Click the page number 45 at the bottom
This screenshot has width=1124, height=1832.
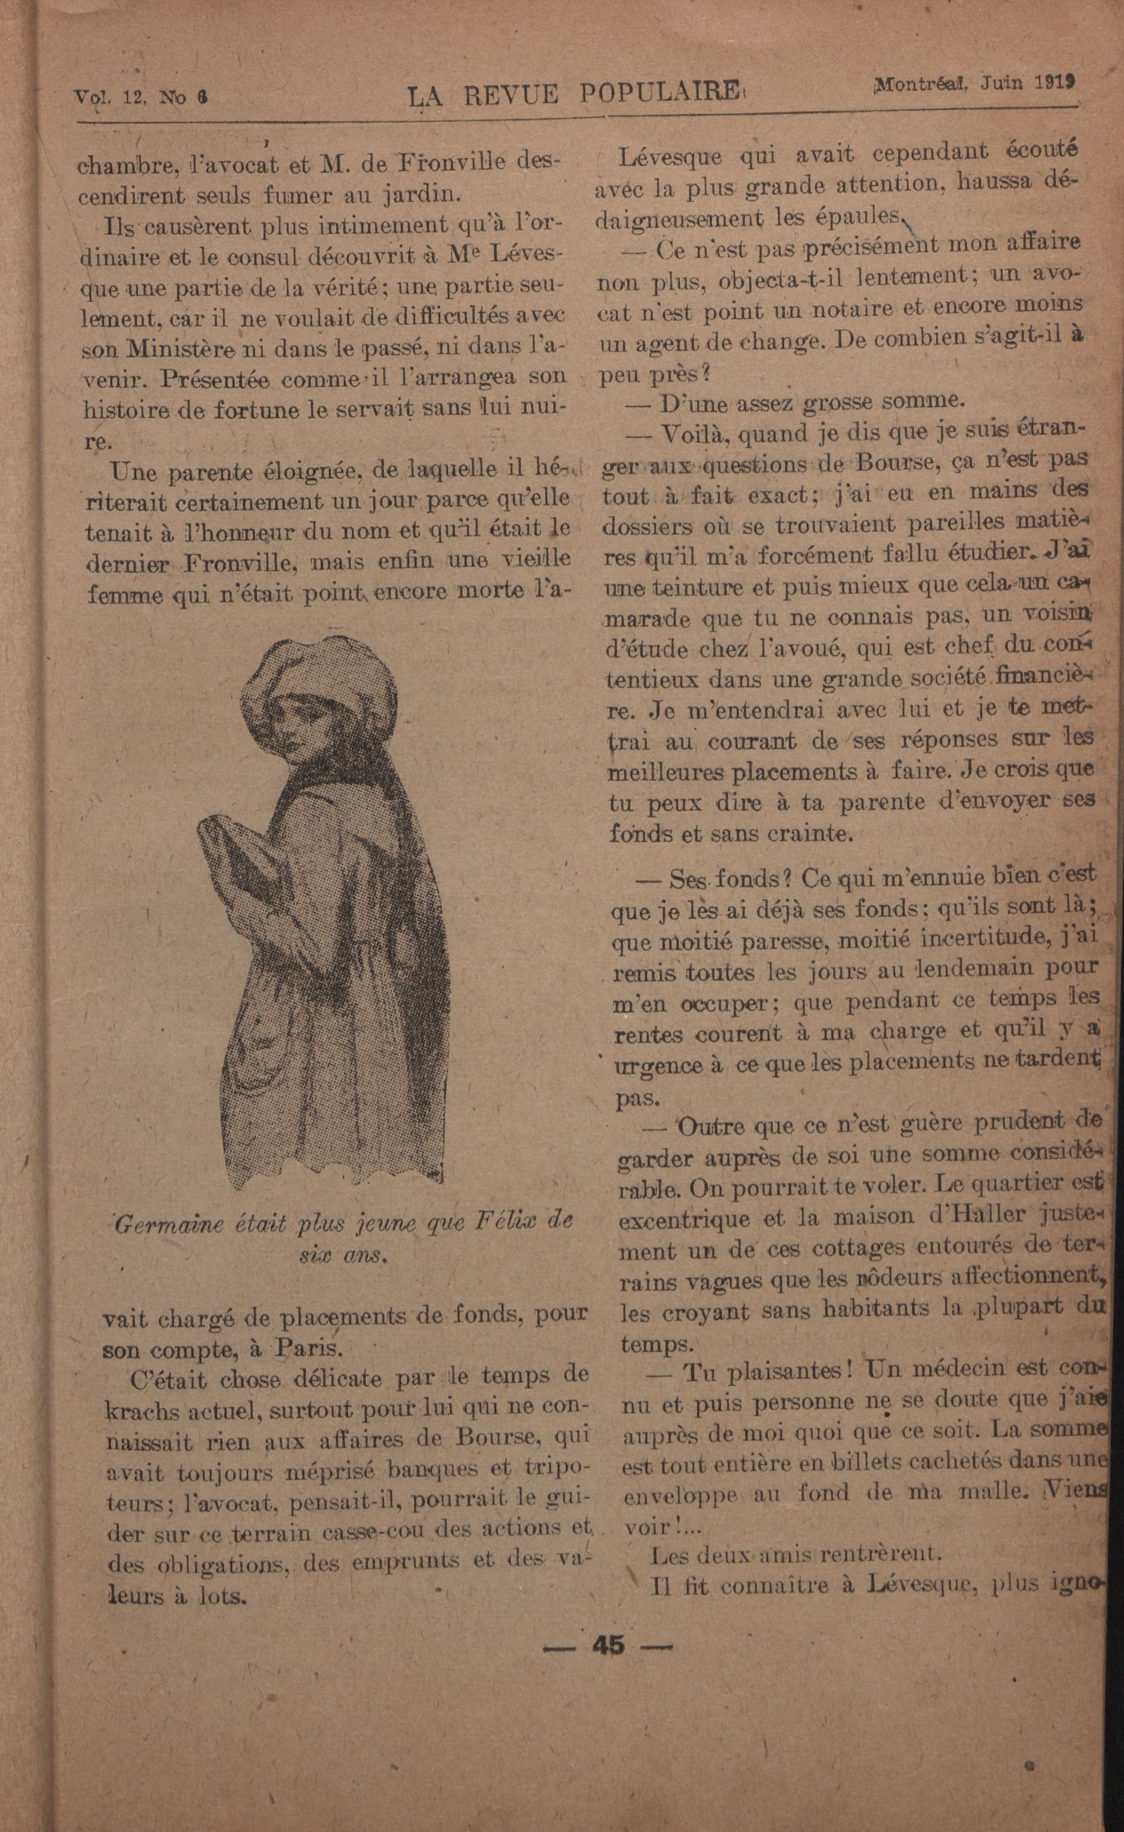[x=608, y=1645]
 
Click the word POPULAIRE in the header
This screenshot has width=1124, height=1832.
[x=659, y=93]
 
